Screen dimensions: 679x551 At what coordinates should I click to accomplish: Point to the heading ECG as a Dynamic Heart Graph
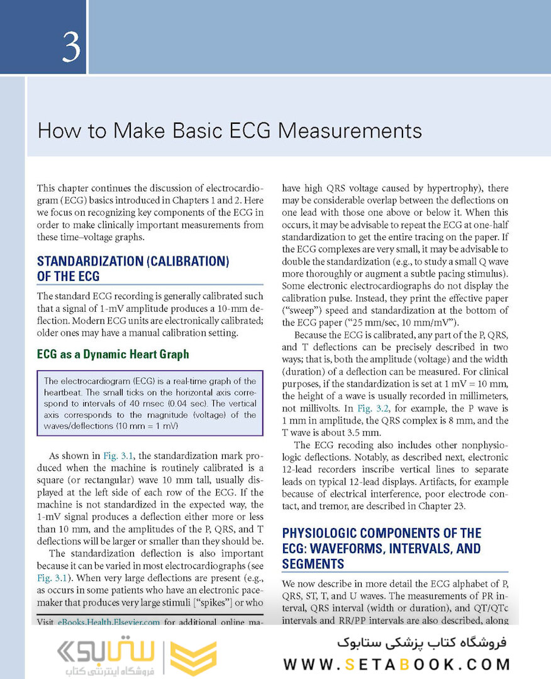click(x=113, y=354)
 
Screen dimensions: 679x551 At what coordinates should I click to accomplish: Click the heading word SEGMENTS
click(x=313, y=563)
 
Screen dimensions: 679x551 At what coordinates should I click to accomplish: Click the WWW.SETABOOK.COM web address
click(x=396, y=664)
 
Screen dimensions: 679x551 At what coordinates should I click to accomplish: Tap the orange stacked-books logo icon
click(x=194, y=659)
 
